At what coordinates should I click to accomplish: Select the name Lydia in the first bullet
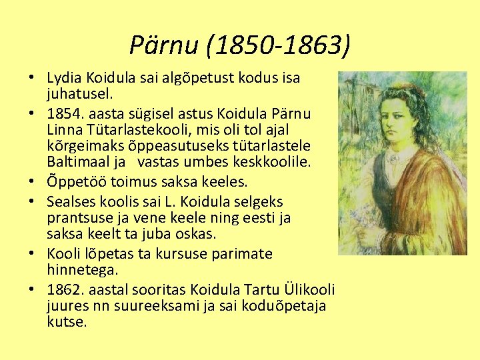pos(63,78)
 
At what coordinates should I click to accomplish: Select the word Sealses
pos(71,202)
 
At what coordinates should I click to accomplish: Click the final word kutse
pos(67,322)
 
